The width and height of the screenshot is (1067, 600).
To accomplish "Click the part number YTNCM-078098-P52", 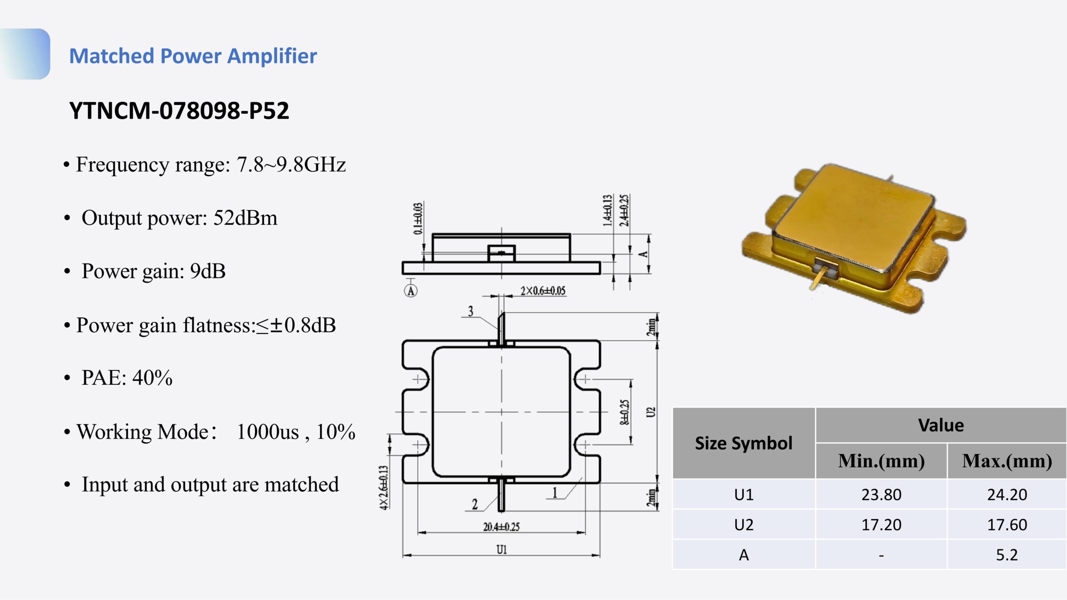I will coord(179,111).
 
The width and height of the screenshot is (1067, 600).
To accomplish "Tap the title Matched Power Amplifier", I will coord(193,56).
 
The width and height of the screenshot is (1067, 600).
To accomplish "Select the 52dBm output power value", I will coord(245,218).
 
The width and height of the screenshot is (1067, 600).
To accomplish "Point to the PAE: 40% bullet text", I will coord(127,378).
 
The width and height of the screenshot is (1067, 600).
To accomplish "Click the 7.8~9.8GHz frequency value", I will coord(291,164).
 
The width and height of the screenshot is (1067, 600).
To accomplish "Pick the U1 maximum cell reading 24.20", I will coord(1007,495).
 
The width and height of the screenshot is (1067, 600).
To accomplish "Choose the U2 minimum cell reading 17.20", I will coord(881,525).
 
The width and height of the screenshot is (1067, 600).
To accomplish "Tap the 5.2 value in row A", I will coord(1007,555).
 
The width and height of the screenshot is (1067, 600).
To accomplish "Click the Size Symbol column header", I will coord(744,443).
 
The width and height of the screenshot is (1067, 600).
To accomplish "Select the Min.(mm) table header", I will coord(881,461).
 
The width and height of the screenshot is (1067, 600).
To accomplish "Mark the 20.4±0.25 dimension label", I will coord(501,527).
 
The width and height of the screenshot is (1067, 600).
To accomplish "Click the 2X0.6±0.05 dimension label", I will coord(543,291).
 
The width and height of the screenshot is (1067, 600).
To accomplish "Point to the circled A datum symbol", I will coord(411,291).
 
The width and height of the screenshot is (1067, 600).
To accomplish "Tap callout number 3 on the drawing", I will coord(471,311).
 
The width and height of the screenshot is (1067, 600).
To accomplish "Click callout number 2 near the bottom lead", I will coord(475,505).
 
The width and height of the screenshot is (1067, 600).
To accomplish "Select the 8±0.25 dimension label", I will coord(624,412).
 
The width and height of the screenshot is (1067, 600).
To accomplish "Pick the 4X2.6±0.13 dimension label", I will coord(384,487).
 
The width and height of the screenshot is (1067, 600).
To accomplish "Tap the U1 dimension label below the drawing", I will coord(501,550).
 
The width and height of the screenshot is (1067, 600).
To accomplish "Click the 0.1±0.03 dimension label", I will coord(418,219).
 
